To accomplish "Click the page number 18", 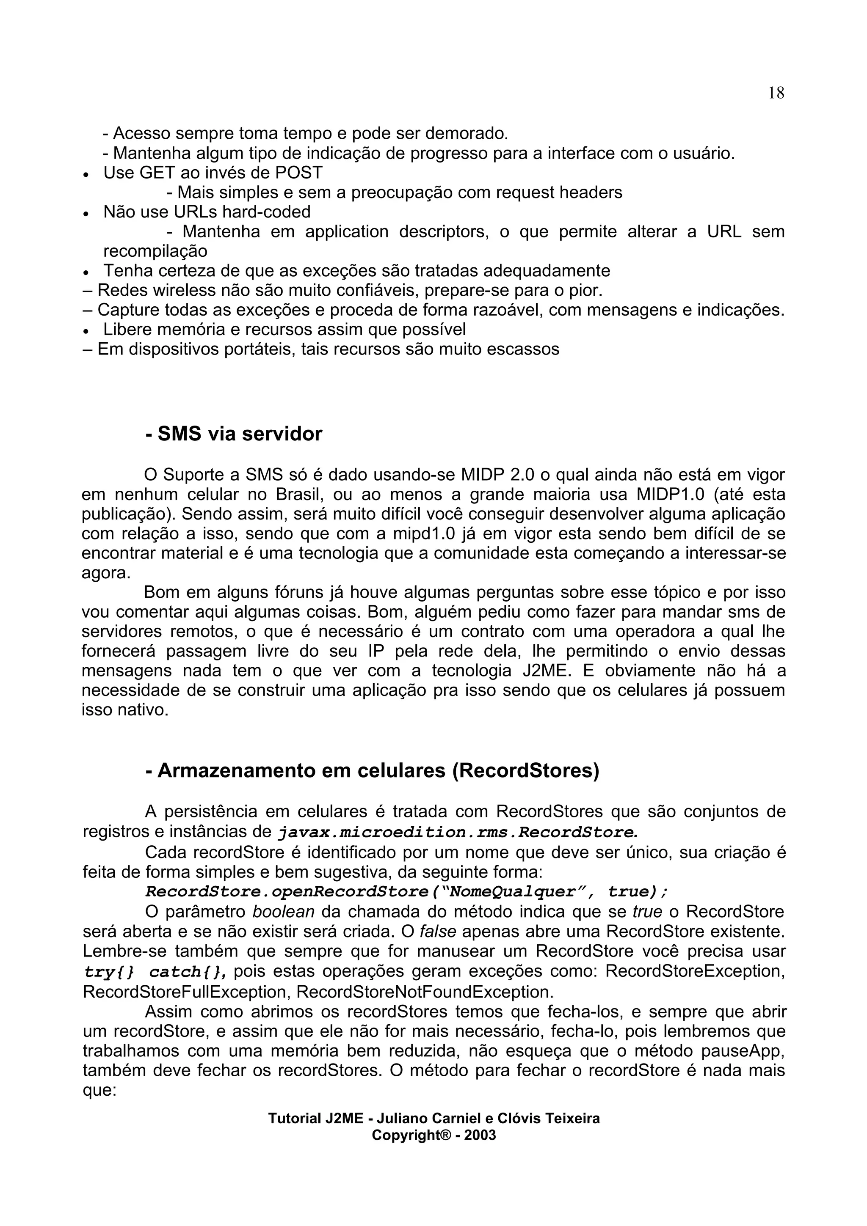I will [776, 93].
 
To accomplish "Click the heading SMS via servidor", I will [234, 434].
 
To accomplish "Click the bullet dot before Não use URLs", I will [86, 213].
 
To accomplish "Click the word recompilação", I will [155, 251].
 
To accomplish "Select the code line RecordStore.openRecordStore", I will [406, 892].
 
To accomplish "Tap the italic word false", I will [437, 931].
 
